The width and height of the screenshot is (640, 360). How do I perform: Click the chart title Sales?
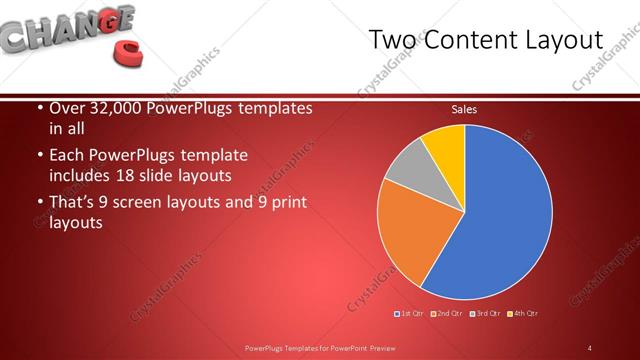coord(464,108)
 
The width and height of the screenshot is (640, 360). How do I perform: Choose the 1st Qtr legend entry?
coord(411,314)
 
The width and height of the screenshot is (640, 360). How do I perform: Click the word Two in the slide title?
coord(392,40)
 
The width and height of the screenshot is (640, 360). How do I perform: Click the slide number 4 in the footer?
coord(590,348)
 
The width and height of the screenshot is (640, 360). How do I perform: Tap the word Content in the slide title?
coord(470,40)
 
